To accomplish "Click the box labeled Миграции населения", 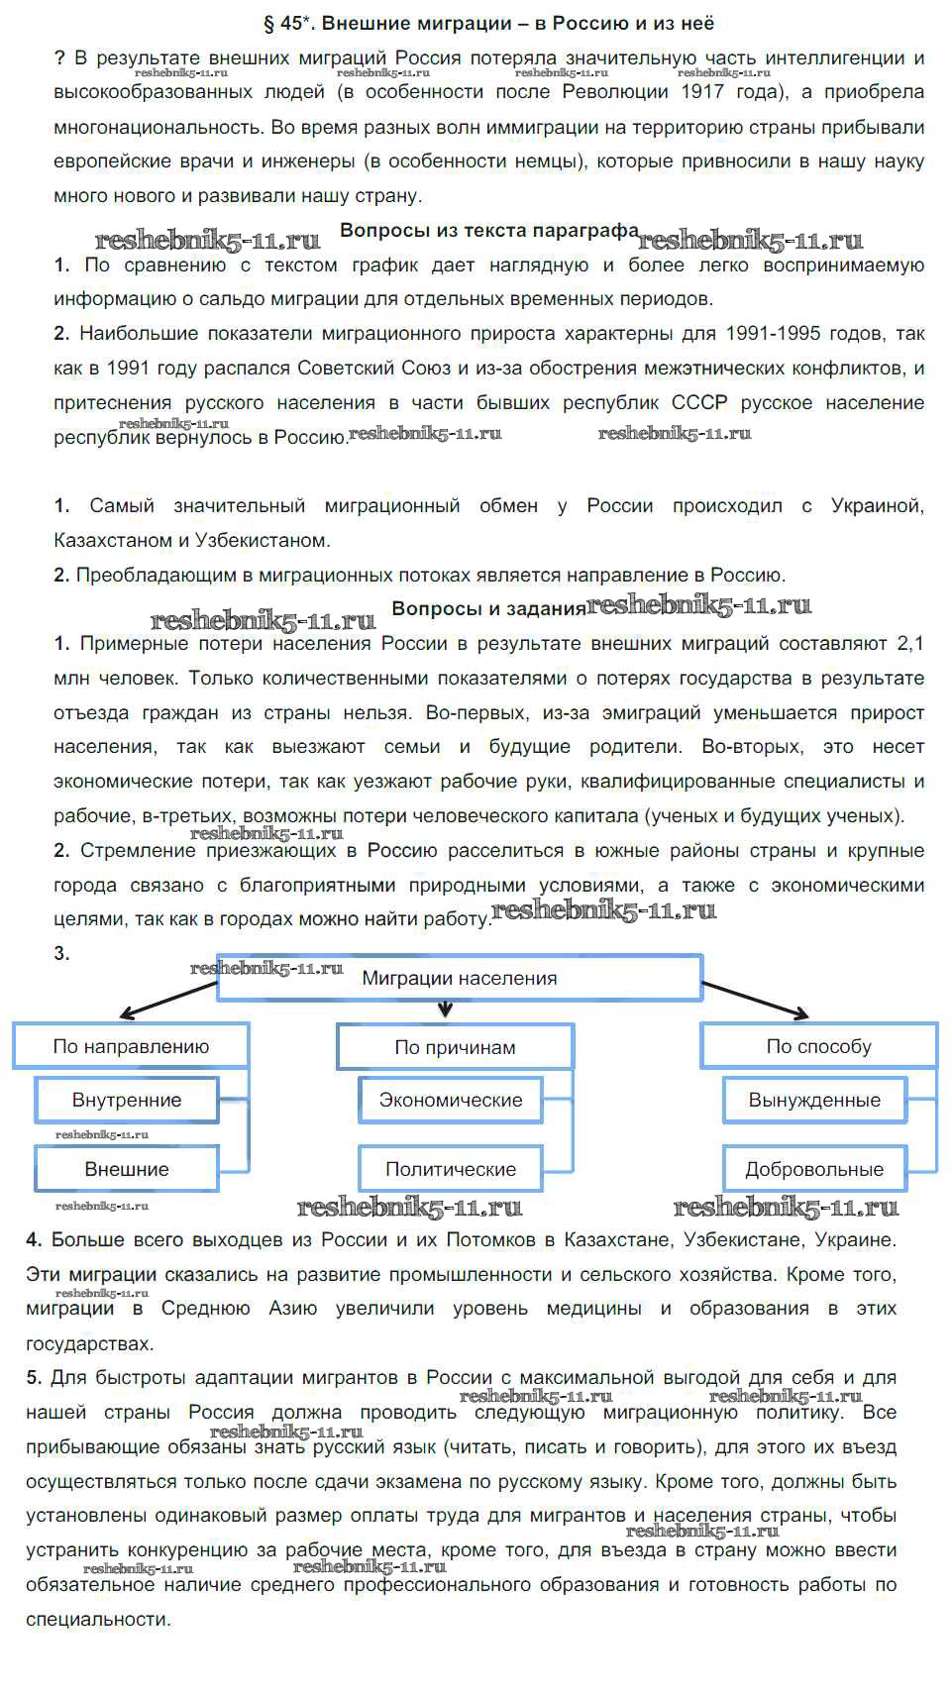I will (x=460, y=978).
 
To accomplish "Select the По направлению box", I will (x=131, y=1046).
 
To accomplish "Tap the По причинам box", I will (x=455, y=1047).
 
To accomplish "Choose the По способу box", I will (x=818, y=1046).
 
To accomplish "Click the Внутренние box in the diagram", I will (x=127, y=1100).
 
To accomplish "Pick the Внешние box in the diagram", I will (x=127, y=1169).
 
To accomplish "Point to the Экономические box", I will (x=451, y=1100).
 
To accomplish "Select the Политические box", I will (x=451, y=1169).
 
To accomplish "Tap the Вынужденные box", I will (x=814, y=1100).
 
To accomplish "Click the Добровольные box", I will (x=814, y=1169).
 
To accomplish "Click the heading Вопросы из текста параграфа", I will (x=489, y=231).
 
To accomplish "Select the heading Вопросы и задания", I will (x=489, y=608).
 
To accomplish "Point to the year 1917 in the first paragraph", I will (x=702, y=92).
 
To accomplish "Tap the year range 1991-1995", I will (x=759, y=333).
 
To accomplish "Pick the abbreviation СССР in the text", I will (x=698, y=402).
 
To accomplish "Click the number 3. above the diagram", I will (x=61, y=953).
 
